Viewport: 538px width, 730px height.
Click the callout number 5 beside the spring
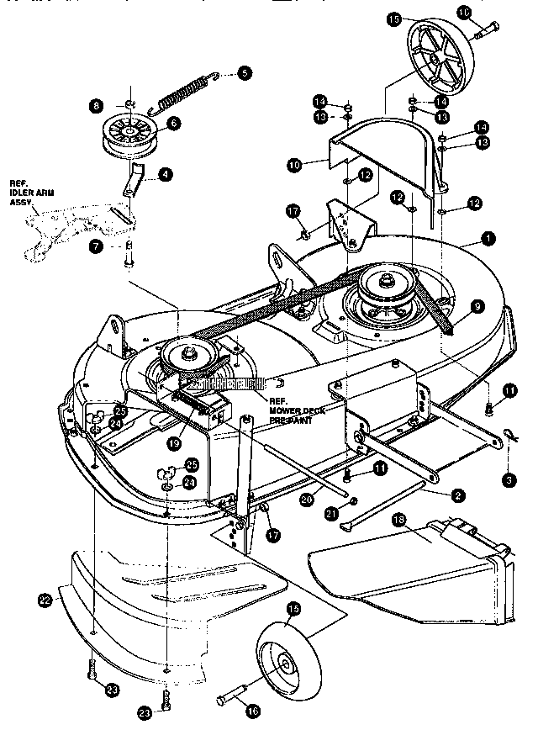coord(244,73)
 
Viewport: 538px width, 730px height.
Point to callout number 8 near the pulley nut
coord(97,106)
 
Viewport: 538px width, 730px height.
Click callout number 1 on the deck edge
coord(489,239)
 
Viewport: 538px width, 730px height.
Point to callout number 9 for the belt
coord(477,308)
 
